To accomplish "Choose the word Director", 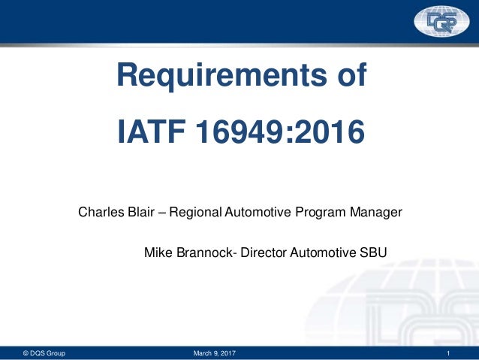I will [263, 253].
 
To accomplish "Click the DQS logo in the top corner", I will [441, 23].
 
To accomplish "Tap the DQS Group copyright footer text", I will [44, 353].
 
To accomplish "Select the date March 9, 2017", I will [214, 353].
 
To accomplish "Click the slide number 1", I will [447, 353].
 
